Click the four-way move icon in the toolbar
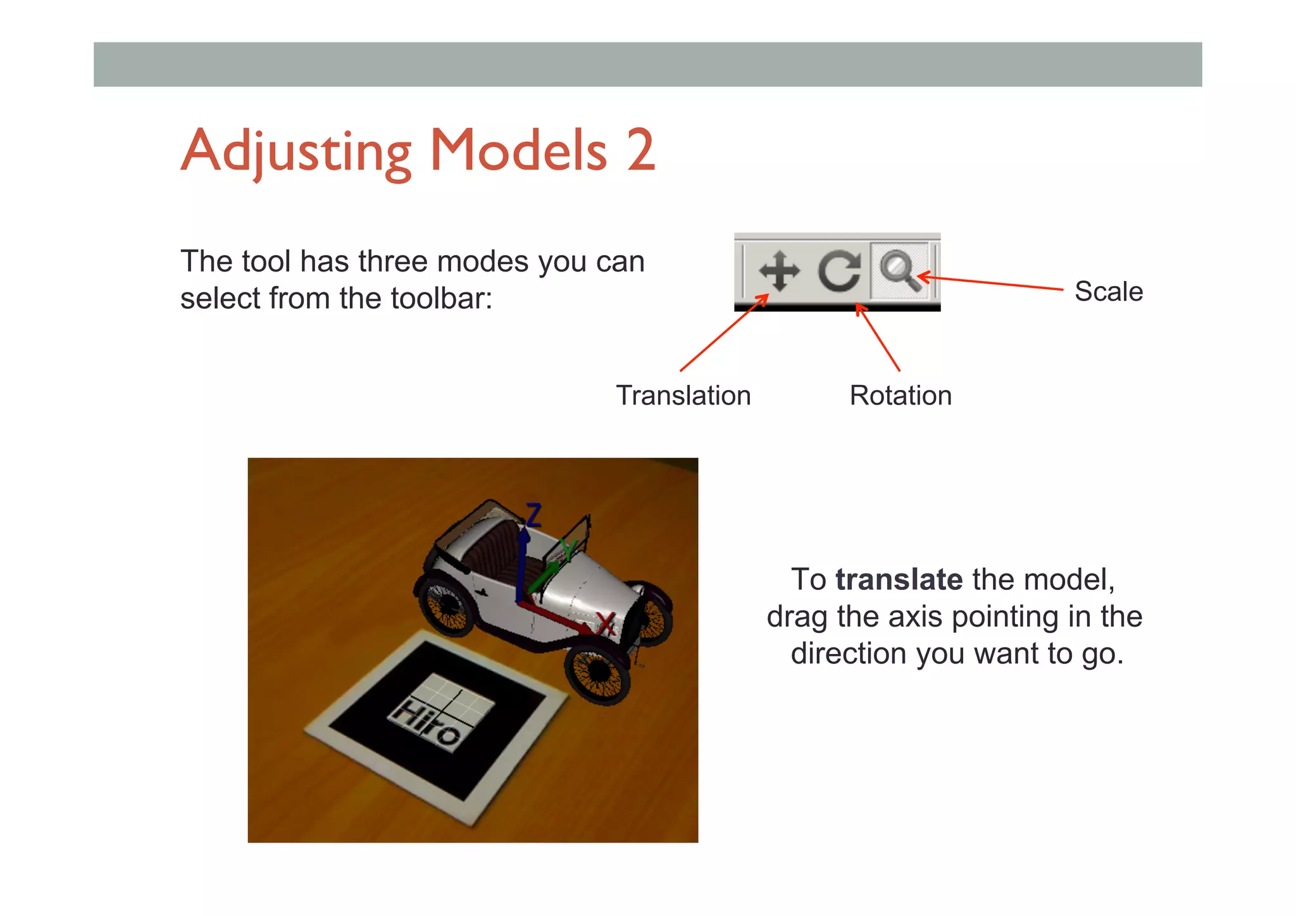point(779,271)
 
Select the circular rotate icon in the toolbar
point(839,271)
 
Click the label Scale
point(1108,291)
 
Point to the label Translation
point(683,396)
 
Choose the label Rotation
point(900,396)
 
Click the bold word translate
point(899,579)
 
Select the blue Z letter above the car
point(534,515)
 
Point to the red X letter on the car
point(606,624)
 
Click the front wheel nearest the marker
point(598,675)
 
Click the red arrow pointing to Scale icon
point(990,283)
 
